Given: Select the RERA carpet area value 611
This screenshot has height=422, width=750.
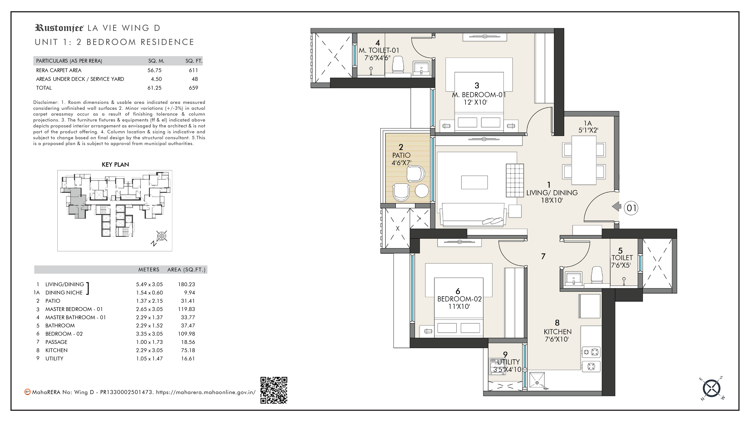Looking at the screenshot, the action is tap(193, 70).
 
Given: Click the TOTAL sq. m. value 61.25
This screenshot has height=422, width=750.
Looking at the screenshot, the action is tap(154, 88).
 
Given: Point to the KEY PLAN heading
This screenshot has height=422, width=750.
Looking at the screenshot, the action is tap(115, 165).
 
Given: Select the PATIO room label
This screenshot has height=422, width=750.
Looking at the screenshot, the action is tap(401, 155).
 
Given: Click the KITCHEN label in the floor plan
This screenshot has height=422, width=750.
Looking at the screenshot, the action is tap(558, 332).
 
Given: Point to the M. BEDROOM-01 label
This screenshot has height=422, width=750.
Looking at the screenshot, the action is tap(479, 95).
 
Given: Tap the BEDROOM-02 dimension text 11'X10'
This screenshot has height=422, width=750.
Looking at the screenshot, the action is tap(459, 306).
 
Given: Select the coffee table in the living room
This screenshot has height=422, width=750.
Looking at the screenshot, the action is tap(474, 182).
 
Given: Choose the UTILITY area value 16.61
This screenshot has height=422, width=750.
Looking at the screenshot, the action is tap(188, 359).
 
